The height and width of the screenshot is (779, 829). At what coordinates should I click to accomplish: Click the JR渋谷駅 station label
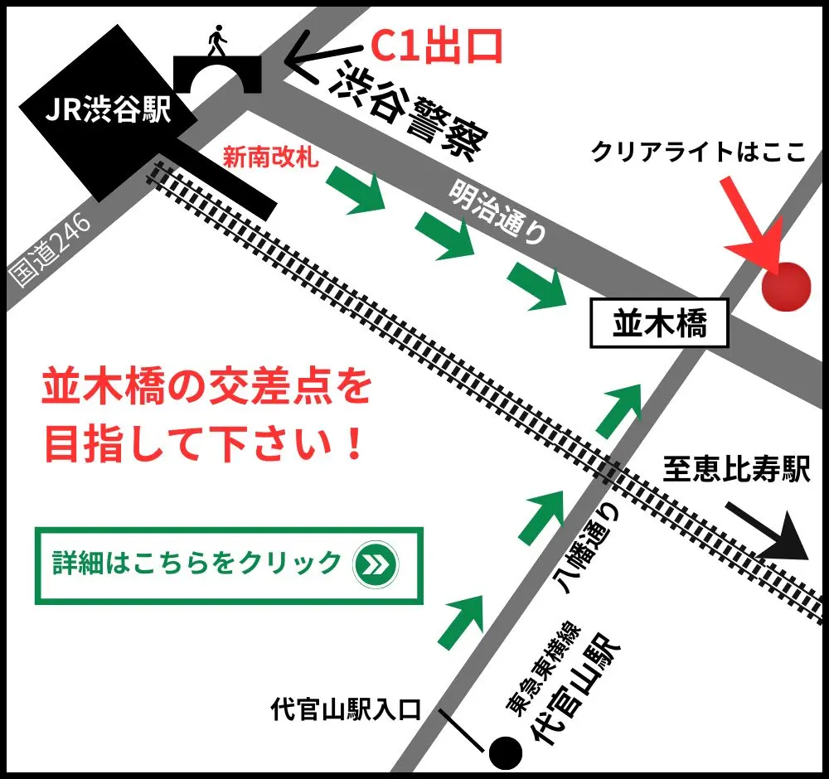click(x=108, y=111)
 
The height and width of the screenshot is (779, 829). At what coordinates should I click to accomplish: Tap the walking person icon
click(x=217, y=41)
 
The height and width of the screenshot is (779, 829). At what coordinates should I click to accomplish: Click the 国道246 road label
click(x=50, y=249)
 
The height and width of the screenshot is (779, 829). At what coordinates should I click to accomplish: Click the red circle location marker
click(x=785, y=287)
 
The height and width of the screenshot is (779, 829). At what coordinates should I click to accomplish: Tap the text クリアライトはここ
click(x=698, y=152)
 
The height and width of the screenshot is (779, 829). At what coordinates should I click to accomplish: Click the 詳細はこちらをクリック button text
click(x=196, y=563)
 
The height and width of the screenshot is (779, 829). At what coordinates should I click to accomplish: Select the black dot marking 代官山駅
click(x=506, y=752)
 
